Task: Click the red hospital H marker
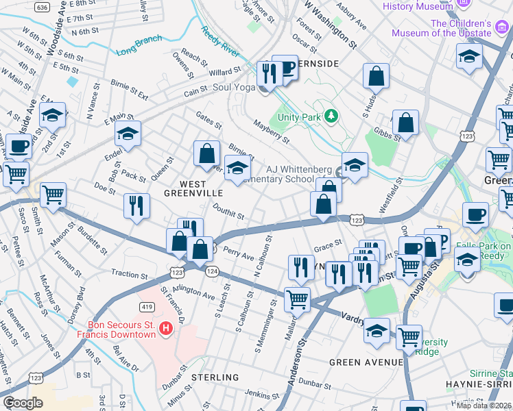165,329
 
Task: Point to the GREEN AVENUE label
366,362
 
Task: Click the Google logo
23,403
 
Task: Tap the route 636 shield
43,7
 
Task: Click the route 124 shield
213,272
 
